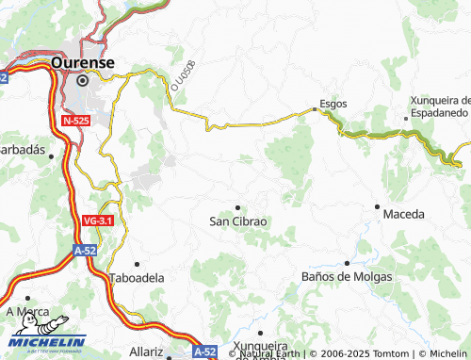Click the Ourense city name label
83,62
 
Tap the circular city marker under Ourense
82,81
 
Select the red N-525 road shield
76,121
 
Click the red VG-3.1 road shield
98,221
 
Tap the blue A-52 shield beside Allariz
205,351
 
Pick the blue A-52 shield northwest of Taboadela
86,251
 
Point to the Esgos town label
333,104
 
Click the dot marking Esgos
315,109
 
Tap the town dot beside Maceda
377,205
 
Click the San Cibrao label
238,221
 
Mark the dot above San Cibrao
237,207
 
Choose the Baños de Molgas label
345,276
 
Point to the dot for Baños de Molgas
347,263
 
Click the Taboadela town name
138,278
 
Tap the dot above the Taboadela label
138,264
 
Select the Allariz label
147,351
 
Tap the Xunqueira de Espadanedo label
439,106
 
